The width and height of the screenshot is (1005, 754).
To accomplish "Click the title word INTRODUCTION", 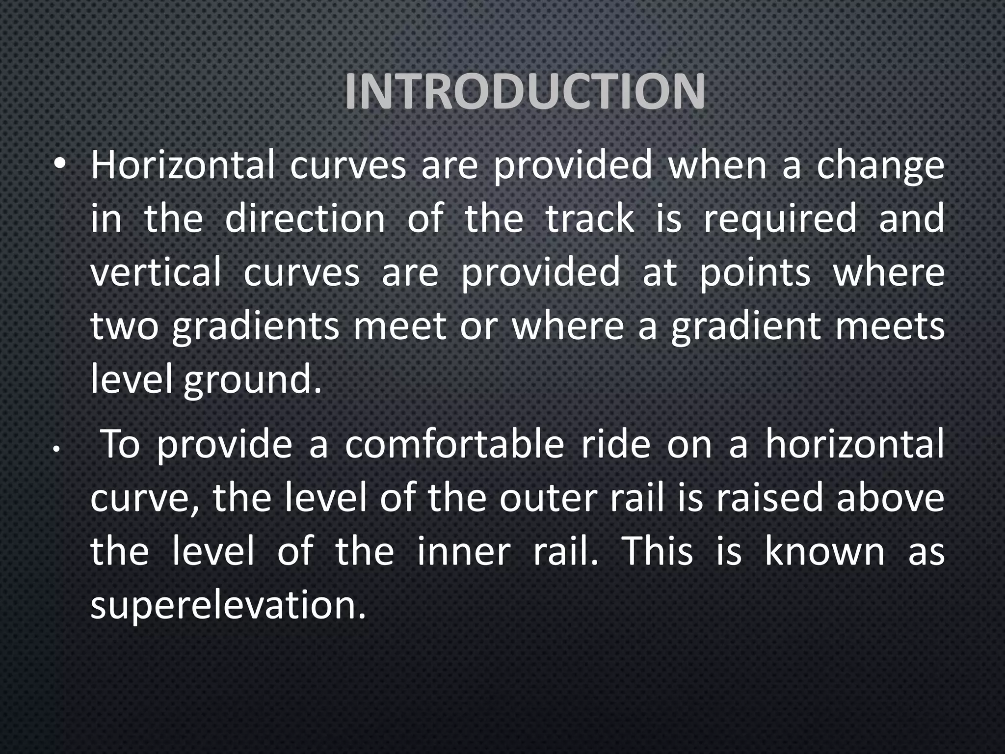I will click(525, 92).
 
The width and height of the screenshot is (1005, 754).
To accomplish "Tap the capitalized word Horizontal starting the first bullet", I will click(182, 165).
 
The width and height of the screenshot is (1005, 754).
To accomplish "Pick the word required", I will click(780, 220).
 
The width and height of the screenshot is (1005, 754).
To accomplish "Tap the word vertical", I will click(156, 272).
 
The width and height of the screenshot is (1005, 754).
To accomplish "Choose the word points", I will click(755, 273).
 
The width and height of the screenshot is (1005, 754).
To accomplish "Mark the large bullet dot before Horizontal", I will click(60, 165).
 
